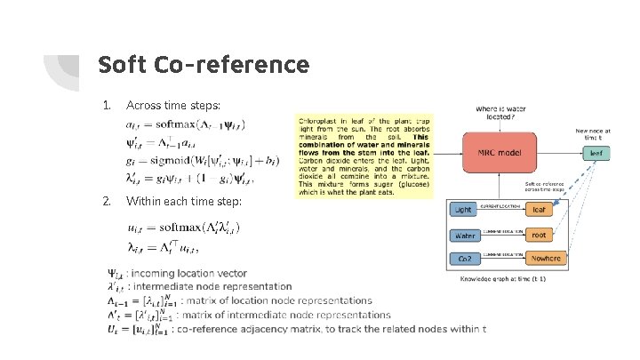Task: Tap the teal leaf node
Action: (597, 153)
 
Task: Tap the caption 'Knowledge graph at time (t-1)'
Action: (504, 278)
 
